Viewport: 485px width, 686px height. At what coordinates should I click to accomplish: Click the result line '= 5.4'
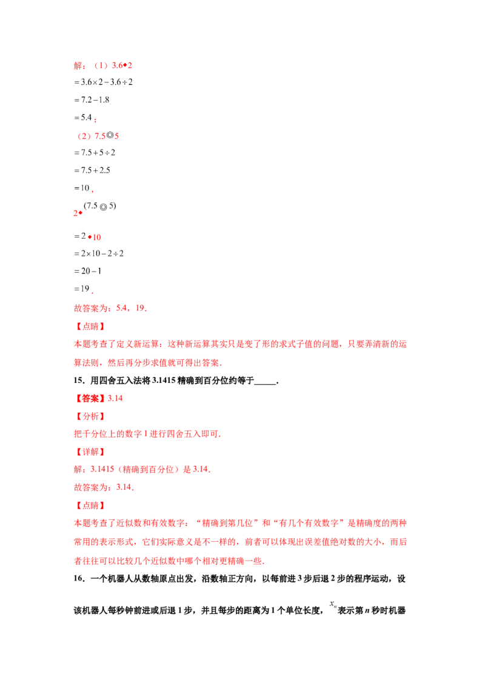83,118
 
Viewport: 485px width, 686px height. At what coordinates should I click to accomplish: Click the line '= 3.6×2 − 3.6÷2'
103,82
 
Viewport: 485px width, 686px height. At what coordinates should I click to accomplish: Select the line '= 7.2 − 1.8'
92,100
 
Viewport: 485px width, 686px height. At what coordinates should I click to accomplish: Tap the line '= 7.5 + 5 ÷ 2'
95,153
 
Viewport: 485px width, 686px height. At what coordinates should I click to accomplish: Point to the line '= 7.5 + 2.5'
92,170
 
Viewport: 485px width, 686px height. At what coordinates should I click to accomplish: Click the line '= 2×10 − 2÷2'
99,253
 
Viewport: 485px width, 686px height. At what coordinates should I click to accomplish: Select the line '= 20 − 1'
87,271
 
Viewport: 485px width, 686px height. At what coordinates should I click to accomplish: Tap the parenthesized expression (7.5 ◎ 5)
100,206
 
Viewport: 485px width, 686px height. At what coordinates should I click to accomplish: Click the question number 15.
79,381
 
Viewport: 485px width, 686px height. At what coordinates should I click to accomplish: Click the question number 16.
79,579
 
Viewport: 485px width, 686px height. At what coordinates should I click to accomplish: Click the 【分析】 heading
89,416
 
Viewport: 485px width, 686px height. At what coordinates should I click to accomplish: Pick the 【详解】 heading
89,452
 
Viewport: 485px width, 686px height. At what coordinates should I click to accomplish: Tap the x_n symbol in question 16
333,604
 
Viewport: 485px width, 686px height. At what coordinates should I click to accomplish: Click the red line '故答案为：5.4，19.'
110,308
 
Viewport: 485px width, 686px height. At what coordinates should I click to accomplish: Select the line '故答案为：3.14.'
104,487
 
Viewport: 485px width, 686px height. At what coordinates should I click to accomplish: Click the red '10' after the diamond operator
97,238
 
